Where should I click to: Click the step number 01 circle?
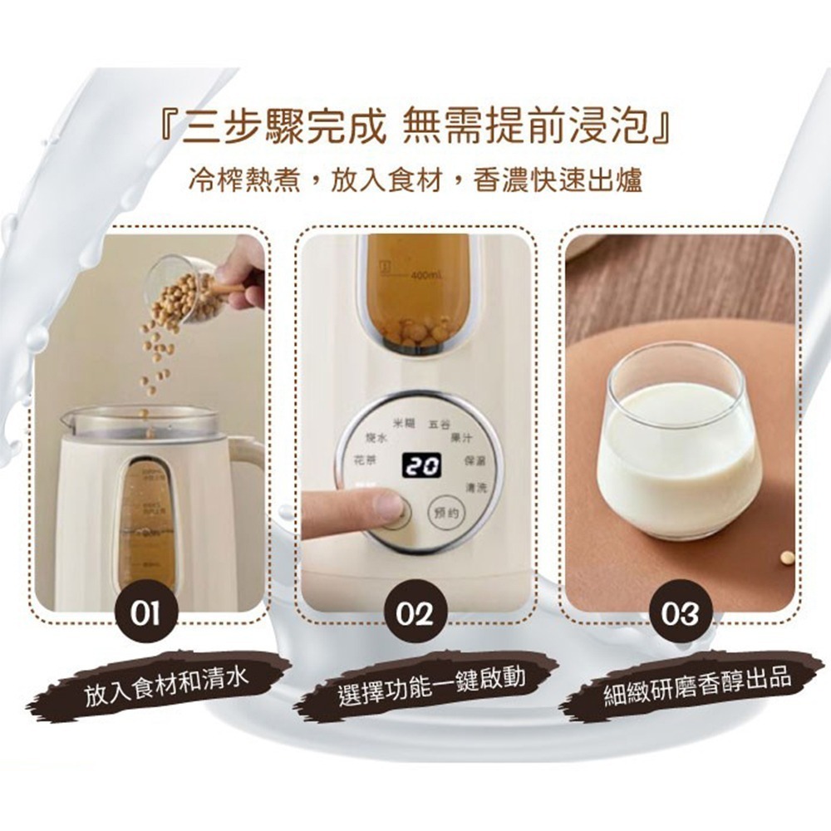tap(150, 616)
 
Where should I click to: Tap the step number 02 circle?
tap(415, 616)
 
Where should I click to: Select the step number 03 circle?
tap(679, 616)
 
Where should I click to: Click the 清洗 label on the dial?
tap(477, 485)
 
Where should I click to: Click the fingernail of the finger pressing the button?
tap(388, 504)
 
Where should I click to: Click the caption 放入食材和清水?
tap(166, 684)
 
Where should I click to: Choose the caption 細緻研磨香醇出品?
tap(696, 683)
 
